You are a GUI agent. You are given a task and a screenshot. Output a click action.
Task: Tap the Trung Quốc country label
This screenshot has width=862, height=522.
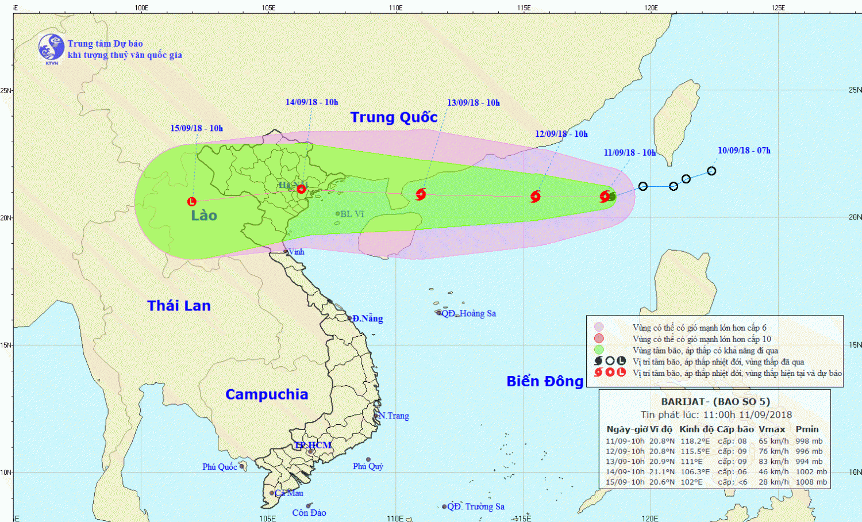pos(394,117)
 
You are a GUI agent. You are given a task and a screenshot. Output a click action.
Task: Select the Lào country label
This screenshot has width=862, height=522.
pos(204,216)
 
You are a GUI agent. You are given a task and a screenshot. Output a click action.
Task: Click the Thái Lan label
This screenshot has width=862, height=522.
pos(179,306)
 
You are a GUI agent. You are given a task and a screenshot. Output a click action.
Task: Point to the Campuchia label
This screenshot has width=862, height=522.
pos(267,394)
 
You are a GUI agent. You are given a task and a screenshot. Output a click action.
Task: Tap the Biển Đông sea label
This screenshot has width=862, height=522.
pos(545,381)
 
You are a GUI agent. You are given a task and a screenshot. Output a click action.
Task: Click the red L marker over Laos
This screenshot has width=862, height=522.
pos(192,202)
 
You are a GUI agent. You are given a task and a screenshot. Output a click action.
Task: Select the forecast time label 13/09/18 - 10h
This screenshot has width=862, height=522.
pos(473,103)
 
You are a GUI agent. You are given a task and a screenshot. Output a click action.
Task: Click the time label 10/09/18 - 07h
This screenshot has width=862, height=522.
pos(744,151)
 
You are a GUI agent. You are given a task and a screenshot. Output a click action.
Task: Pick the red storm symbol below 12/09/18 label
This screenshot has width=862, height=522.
pos(535,197)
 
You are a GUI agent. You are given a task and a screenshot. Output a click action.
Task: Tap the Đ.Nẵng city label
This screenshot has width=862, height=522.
pos(367,318)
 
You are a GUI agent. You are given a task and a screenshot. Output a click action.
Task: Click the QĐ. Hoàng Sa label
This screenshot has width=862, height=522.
pos(468,313)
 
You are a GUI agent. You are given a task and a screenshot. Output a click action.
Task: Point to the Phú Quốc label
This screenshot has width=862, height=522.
pos(219,467)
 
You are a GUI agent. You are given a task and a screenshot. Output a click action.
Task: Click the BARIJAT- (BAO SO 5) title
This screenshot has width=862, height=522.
pos(715,402)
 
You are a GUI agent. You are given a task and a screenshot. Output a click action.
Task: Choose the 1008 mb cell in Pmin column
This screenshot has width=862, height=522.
pos(811,482)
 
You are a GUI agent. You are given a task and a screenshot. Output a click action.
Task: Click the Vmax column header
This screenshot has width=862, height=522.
pos(772,429)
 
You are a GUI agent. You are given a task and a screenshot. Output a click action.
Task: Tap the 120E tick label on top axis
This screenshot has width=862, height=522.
pos(651,7)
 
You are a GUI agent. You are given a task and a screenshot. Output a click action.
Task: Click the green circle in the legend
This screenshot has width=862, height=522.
pos(599,350)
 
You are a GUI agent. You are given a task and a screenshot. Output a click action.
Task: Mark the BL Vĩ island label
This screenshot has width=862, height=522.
pos(352,214)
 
